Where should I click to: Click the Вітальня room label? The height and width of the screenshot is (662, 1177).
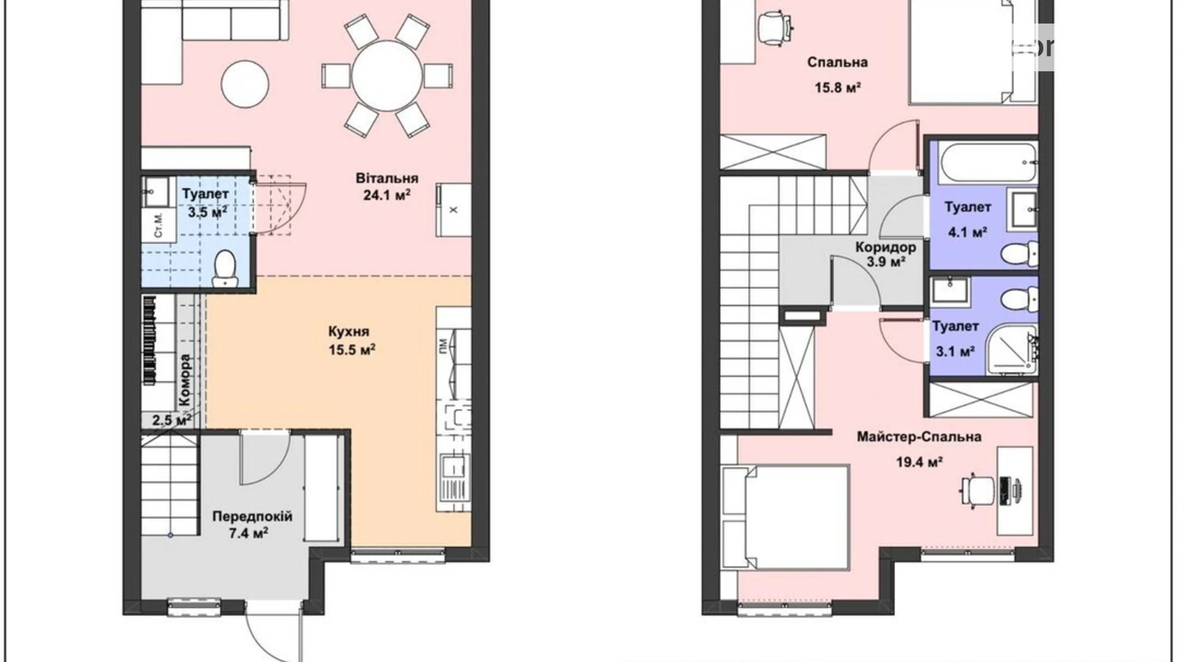(x=387, y=178)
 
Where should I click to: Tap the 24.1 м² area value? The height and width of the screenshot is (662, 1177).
(x=387, y=195)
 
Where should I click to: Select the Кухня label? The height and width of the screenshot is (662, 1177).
(x=349, y=332)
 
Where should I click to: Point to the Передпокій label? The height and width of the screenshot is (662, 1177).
(x=252, y=516)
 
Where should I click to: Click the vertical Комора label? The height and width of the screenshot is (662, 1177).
(x=185, y=381)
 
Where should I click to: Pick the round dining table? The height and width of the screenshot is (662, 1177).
(x=387, y=76)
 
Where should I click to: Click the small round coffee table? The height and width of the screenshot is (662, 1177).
(x=245, y=83)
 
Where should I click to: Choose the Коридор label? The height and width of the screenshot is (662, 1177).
(x=885, y=247)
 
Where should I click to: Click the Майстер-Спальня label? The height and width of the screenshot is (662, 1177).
(x=919, y=437)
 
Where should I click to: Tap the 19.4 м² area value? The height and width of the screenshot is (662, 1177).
(x=919, y=462)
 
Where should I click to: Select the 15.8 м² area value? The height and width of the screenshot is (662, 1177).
(x=837, y=87)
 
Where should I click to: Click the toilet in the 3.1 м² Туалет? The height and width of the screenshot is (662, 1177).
(x=1017, y=298)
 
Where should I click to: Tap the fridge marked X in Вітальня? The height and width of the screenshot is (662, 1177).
(x=454, y=210)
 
